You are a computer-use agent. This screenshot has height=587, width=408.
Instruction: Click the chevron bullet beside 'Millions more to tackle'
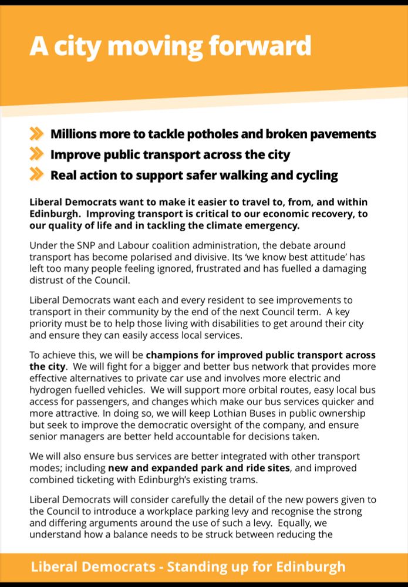pyautogui.click(x=36, y=134)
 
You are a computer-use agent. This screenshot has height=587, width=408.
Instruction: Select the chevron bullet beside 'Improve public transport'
pyautogui.click(x=36, y=155)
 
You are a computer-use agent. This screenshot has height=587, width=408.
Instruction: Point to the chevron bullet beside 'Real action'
pyautogui.click(x=36, y=175)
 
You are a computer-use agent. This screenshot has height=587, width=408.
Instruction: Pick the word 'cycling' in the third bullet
pyautogui.click(x=316, y=175)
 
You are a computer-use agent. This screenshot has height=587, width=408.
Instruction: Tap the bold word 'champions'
pyautogui.click(x=171, y=355)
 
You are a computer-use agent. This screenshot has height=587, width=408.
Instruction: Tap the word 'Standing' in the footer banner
pyautogui.click(x=197, y=568)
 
